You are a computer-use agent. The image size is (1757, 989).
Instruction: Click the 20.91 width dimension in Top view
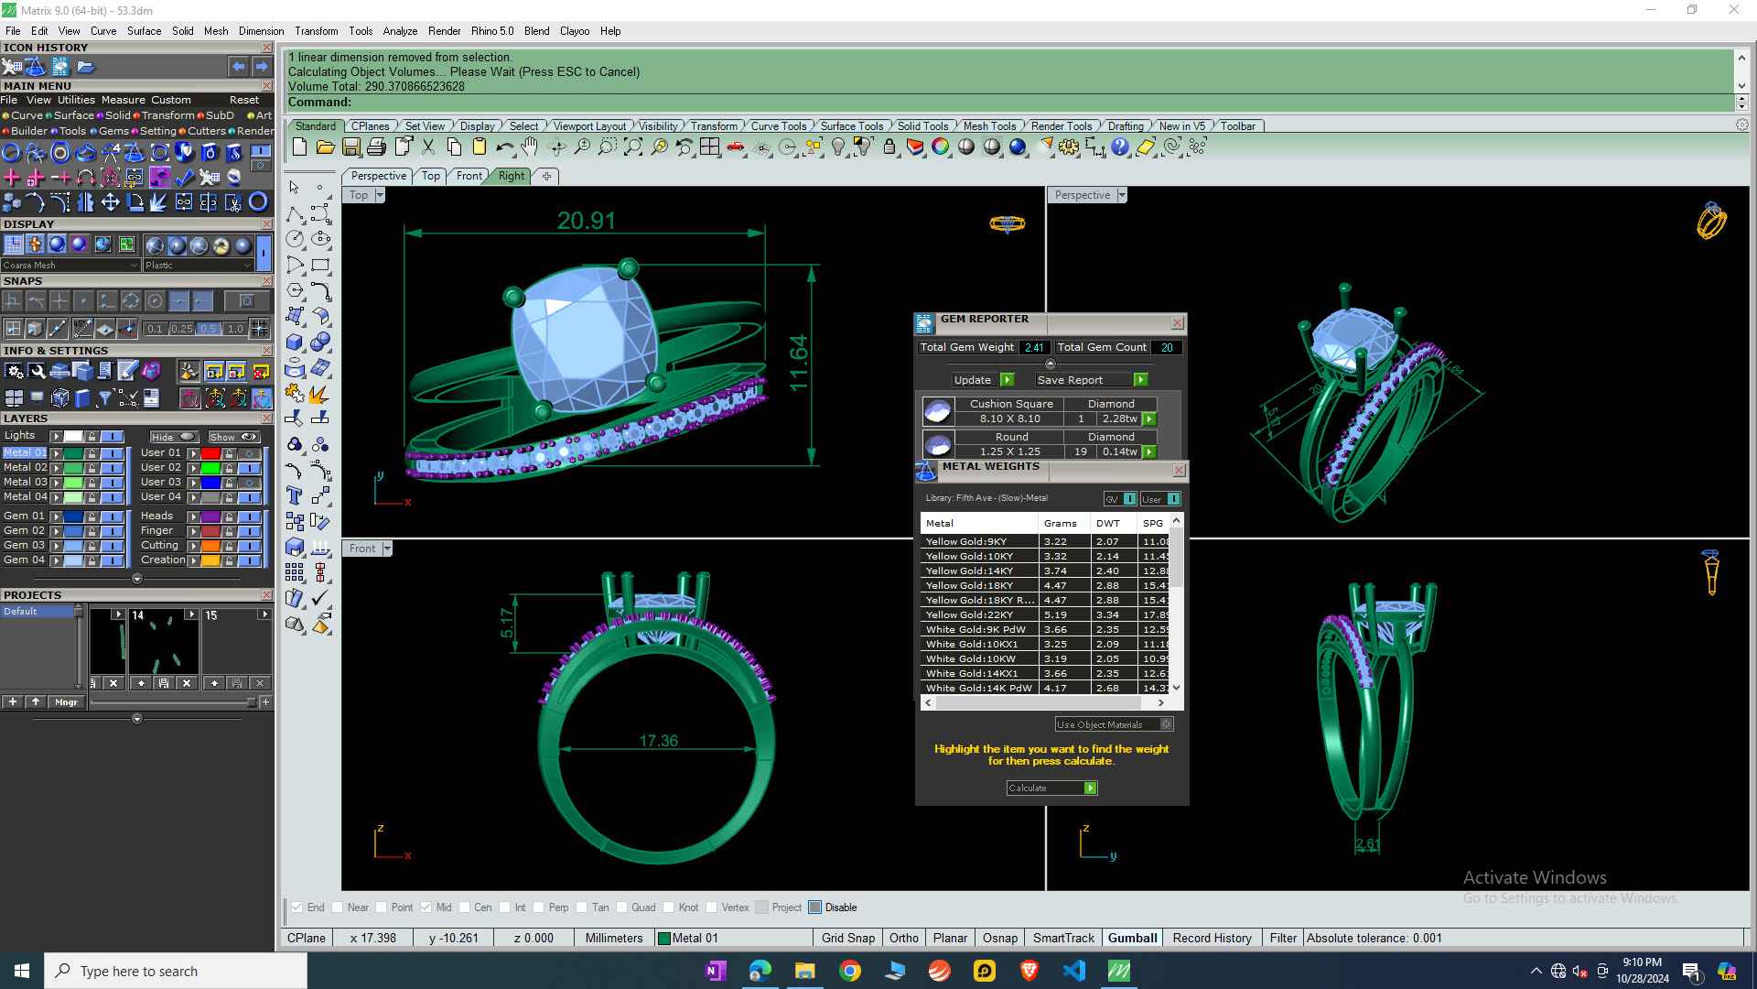pos(586,221)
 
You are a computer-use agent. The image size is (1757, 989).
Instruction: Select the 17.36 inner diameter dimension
pos(658,741)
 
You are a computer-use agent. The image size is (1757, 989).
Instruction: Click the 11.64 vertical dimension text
pos(798,363)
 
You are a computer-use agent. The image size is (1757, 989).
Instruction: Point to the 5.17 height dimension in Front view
pos(507,623)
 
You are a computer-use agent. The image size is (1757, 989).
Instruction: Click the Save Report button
pos(1070,380)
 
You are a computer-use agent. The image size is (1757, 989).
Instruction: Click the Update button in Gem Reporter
pos(972,380)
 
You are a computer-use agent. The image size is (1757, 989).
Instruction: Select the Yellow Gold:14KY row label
pos(969,571)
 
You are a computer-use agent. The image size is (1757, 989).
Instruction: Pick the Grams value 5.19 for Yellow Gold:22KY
pos(1055,614)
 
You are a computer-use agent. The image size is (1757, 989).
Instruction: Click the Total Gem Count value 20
pos(1167,347)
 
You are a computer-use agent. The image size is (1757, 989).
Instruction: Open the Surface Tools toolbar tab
pos(851,126)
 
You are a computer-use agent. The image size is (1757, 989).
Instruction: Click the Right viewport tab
pos(512,176)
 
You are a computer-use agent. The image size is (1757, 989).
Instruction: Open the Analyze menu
pos(400,31)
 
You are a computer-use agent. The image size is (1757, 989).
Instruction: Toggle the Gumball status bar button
pos(1132,938)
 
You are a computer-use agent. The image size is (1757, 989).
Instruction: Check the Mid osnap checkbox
pos(426,907)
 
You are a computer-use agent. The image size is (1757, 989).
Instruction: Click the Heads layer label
pos(156,516)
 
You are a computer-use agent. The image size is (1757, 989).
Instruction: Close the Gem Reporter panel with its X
pos(1178,322)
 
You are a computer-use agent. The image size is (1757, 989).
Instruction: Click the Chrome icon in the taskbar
pos(850,971)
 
